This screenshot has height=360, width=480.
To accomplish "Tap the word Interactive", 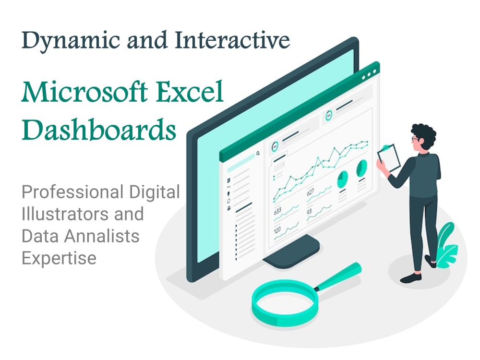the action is (232, 40).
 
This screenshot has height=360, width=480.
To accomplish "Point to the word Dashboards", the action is (99, 130).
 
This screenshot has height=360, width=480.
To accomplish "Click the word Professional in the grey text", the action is (72, 192).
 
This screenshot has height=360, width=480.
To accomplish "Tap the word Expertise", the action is (59, 258).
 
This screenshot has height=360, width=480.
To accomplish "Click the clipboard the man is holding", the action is (389, 158).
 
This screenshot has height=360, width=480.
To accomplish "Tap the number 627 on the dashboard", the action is (311, 192).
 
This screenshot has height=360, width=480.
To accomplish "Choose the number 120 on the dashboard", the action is (277, 230).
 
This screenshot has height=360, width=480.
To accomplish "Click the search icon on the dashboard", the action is (258, 153).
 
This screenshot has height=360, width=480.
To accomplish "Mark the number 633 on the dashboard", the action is (277, 211).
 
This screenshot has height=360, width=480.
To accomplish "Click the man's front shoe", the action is (411, 278).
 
